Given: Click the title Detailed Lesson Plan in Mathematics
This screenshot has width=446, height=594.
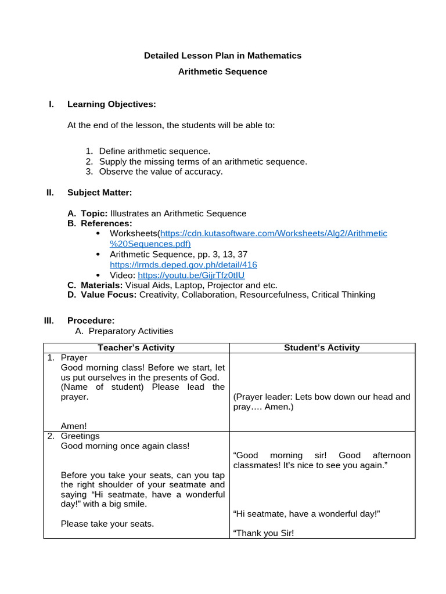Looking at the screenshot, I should pos(222,56).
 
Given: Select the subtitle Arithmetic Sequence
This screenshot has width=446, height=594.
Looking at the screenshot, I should pos(222,72).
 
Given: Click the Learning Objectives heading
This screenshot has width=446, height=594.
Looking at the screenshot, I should pos(111,104).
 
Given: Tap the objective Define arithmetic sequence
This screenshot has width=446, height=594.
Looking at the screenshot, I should pos(154,151).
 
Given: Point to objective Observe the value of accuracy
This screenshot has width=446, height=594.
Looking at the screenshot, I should pos(161,172).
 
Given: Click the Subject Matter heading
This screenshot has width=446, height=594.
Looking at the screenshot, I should pos(99,192).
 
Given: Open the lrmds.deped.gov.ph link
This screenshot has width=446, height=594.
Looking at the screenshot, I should pos(183,265).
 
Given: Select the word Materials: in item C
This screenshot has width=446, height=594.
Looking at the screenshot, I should pos(101,285).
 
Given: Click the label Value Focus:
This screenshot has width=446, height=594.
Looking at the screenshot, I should pos(109,295).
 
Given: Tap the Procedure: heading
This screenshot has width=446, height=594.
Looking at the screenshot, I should pos(91,321).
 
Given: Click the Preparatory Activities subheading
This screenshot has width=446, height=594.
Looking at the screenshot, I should pos(131,331).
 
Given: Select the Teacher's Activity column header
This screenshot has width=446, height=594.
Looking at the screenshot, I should pos(136,348).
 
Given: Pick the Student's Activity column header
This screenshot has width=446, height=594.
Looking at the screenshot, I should pos(321,348).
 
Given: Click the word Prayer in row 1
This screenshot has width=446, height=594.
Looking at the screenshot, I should pos(74,358).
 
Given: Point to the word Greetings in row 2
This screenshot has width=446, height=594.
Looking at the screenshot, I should pos(80,436).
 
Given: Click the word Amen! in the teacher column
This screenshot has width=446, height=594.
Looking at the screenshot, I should pos(73,426).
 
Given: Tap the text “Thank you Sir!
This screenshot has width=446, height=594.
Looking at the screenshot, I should pos(263,533).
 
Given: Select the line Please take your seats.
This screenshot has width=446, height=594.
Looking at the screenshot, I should pos(107,524).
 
